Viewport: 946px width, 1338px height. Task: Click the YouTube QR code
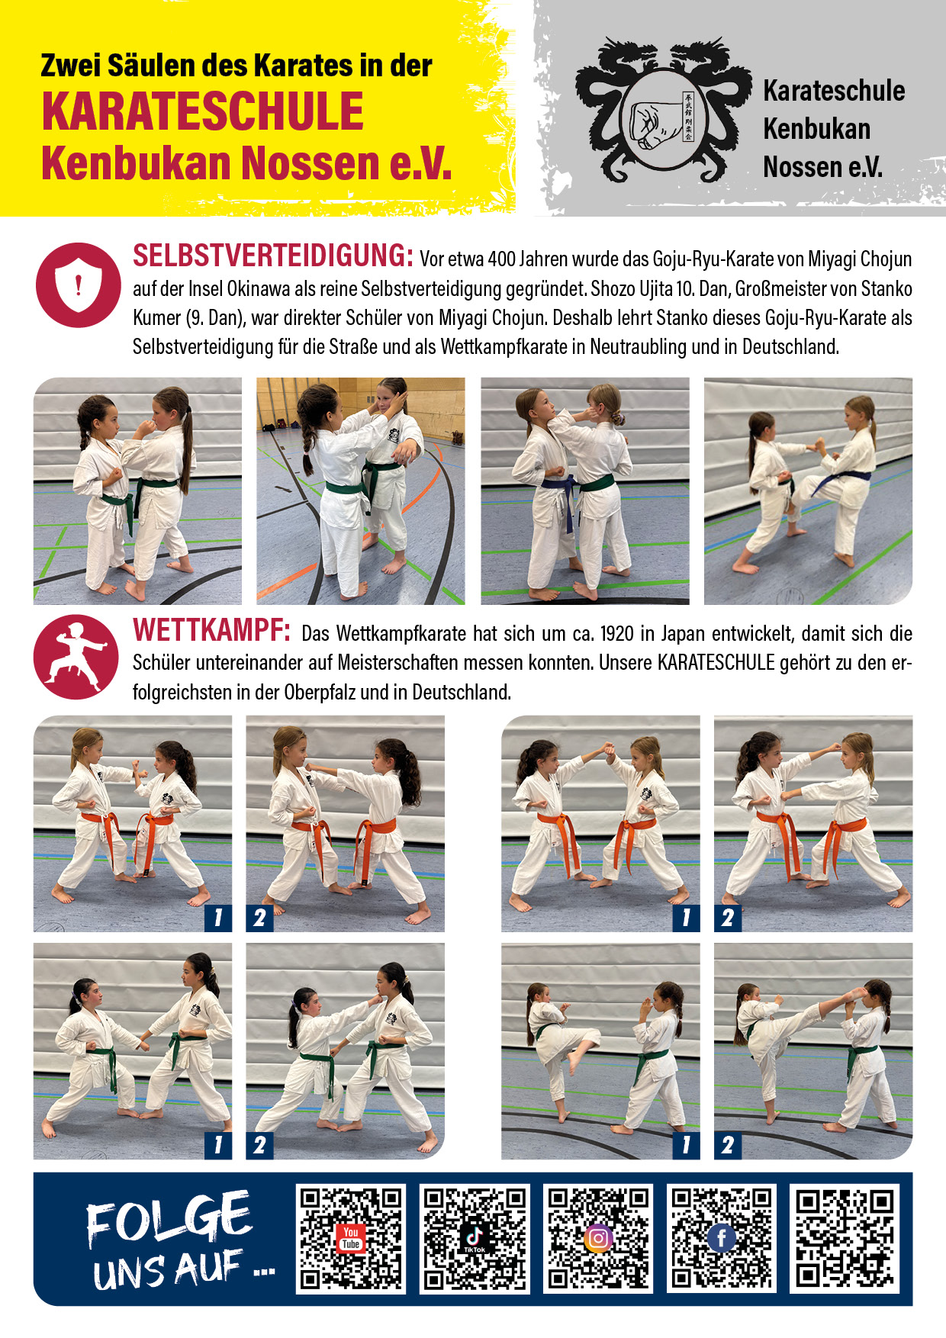point(351,1238)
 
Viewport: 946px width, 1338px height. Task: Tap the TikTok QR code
point(475,1238)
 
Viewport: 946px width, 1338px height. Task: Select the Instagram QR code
point(598,1238)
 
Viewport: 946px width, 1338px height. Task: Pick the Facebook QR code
point(721,1238)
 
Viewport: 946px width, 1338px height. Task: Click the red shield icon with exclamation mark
point(78,285)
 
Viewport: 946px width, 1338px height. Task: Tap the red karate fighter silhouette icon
point(76,657)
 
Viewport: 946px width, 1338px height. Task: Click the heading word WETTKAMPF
point(211,631)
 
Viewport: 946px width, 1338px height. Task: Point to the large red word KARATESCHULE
point(203,111)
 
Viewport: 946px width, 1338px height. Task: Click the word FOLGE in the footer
point(169,1218)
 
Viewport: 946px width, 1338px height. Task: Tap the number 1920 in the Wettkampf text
point(616,634)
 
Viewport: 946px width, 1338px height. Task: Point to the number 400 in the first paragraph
point(501,260)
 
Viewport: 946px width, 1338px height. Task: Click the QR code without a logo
point(844,1238)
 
